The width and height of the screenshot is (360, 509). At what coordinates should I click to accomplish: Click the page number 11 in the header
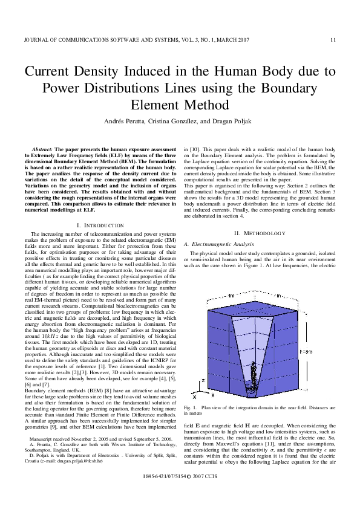332,41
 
